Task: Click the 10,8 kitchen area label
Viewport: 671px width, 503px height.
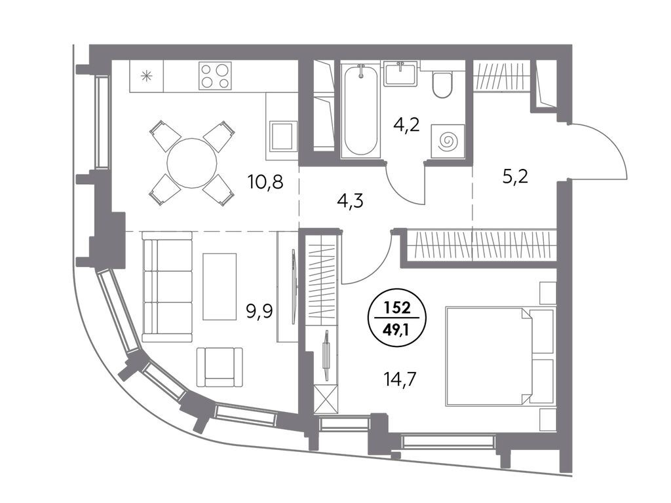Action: pos(265,182)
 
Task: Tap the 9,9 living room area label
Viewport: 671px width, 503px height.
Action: pos(259,312)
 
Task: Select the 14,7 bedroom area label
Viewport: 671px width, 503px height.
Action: pos(400,379)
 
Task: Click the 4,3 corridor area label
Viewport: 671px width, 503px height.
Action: pos(350,200)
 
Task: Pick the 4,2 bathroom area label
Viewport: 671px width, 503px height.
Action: pos(406,126)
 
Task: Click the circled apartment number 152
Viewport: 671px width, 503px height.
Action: pos(396,307)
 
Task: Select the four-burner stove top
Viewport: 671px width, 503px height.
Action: pos(215,76)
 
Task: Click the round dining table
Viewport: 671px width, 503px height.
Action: pos(192,163)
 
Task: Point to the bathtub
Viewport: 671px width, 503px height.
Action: pos(361,110)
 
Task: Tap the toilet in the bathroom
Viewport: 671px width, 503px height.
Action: pos(442,84)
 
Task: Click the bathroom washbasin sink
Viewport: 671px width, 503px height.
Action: pos(400,73)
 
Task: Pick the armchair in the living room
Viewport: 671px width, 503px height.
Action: pos(220,367)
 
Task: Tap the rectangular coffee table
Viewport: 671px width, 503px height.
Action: pos(220,287)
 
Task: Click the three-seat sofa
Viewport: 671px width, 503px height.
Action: pos(167,287)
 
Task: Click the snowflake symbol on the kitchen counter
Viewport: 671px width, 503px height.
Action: pos(147,77)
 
